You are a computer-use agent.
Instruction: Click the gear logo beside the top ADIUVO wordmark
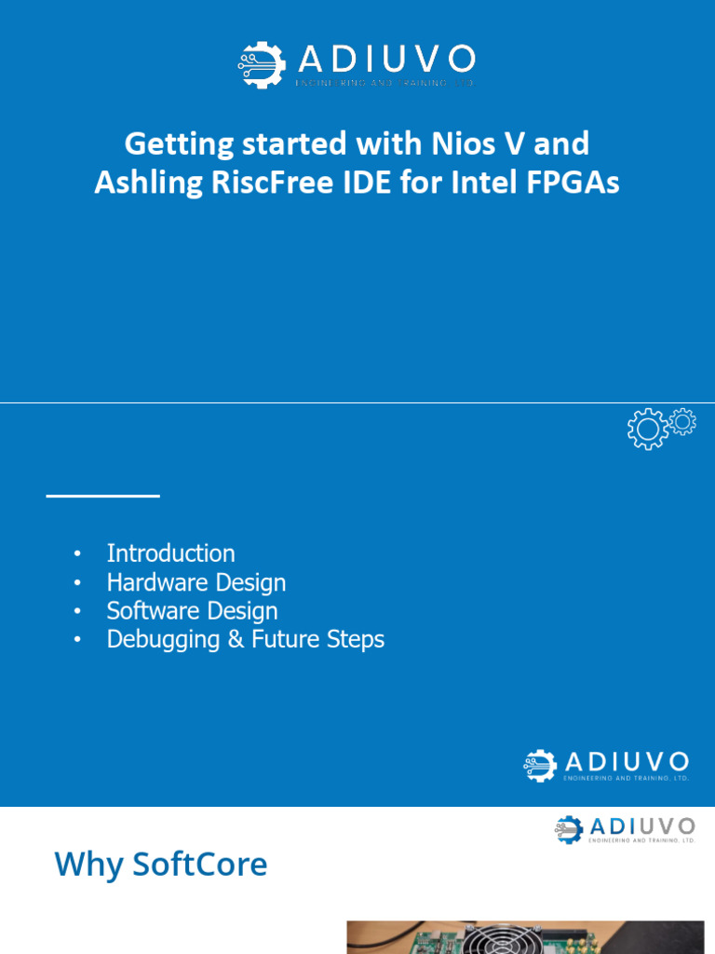(x=262, y=64)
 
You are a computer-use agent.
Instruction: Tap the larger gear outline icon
(x=647, y=429)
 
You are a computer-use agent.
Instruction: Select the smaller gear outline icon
(x=682, y=422)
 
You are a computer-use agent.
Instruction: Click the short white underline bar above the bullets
(x=103, y=496)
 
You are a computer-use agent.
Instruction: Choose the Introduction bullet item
(x=170, y=553)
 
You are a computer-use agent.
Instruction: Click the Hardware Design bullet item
(x=196, y=582)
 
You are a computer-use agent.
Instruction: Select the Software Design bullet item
(x=192, y=611)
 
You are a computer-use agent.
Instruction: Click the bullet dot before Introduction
(x=78, y=554)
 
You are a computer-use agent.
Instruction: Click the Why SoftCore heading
(x=160, y=865)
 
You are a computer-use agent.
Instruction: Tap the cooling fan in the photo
(x=504, y=941)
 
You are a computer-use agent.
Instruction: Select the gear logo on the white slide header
(x=570, y=830)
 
